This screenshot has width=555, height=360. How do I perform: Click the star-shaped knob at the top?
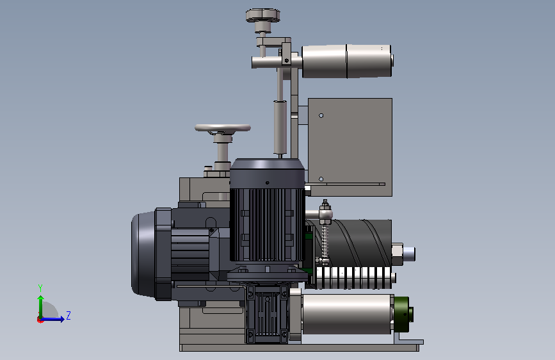263,15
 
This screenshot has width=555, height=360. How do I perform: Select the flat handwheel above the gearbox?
223,128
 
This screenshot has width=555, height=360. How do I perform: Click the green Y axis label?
40,288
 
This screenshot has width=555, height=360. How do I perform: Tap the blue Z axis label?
68,315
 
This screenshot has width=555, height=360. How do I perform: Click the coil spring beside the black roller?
325,241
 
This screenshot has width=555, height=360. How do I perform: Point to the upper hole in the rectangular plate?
321,115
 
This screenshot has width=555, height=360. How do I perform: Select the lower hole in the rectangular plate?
321,179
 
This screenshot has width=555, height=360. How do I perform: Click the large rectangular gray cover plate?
350,147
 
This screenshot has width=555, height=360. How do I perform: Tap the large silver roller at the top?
347,61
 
